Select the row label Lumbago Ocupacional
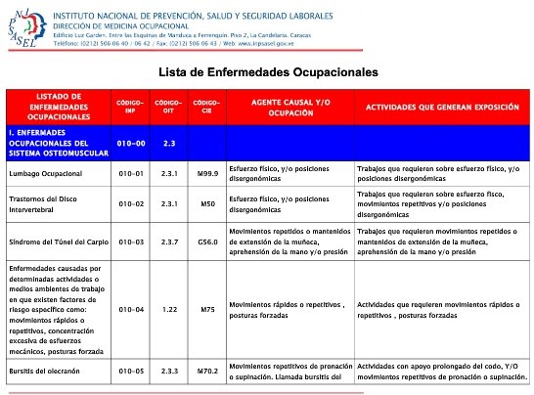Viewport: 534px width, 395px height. click(x=44, y=173)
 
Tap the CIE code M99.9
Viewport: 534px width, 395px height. click(x=206, y=173)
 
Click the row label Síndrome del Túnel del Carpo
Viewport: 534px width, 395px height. click(x=57, y=241)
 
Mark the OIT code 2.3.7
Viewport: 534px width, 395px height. click(x=168, y=241)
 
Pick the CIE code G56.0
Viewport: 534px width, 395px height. click(x=206, y=241)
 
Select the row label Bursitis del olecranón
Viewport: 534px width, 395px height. click(x=50, y=372)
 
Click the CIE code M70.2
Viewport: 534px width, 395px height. click(x=206, y=372)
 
